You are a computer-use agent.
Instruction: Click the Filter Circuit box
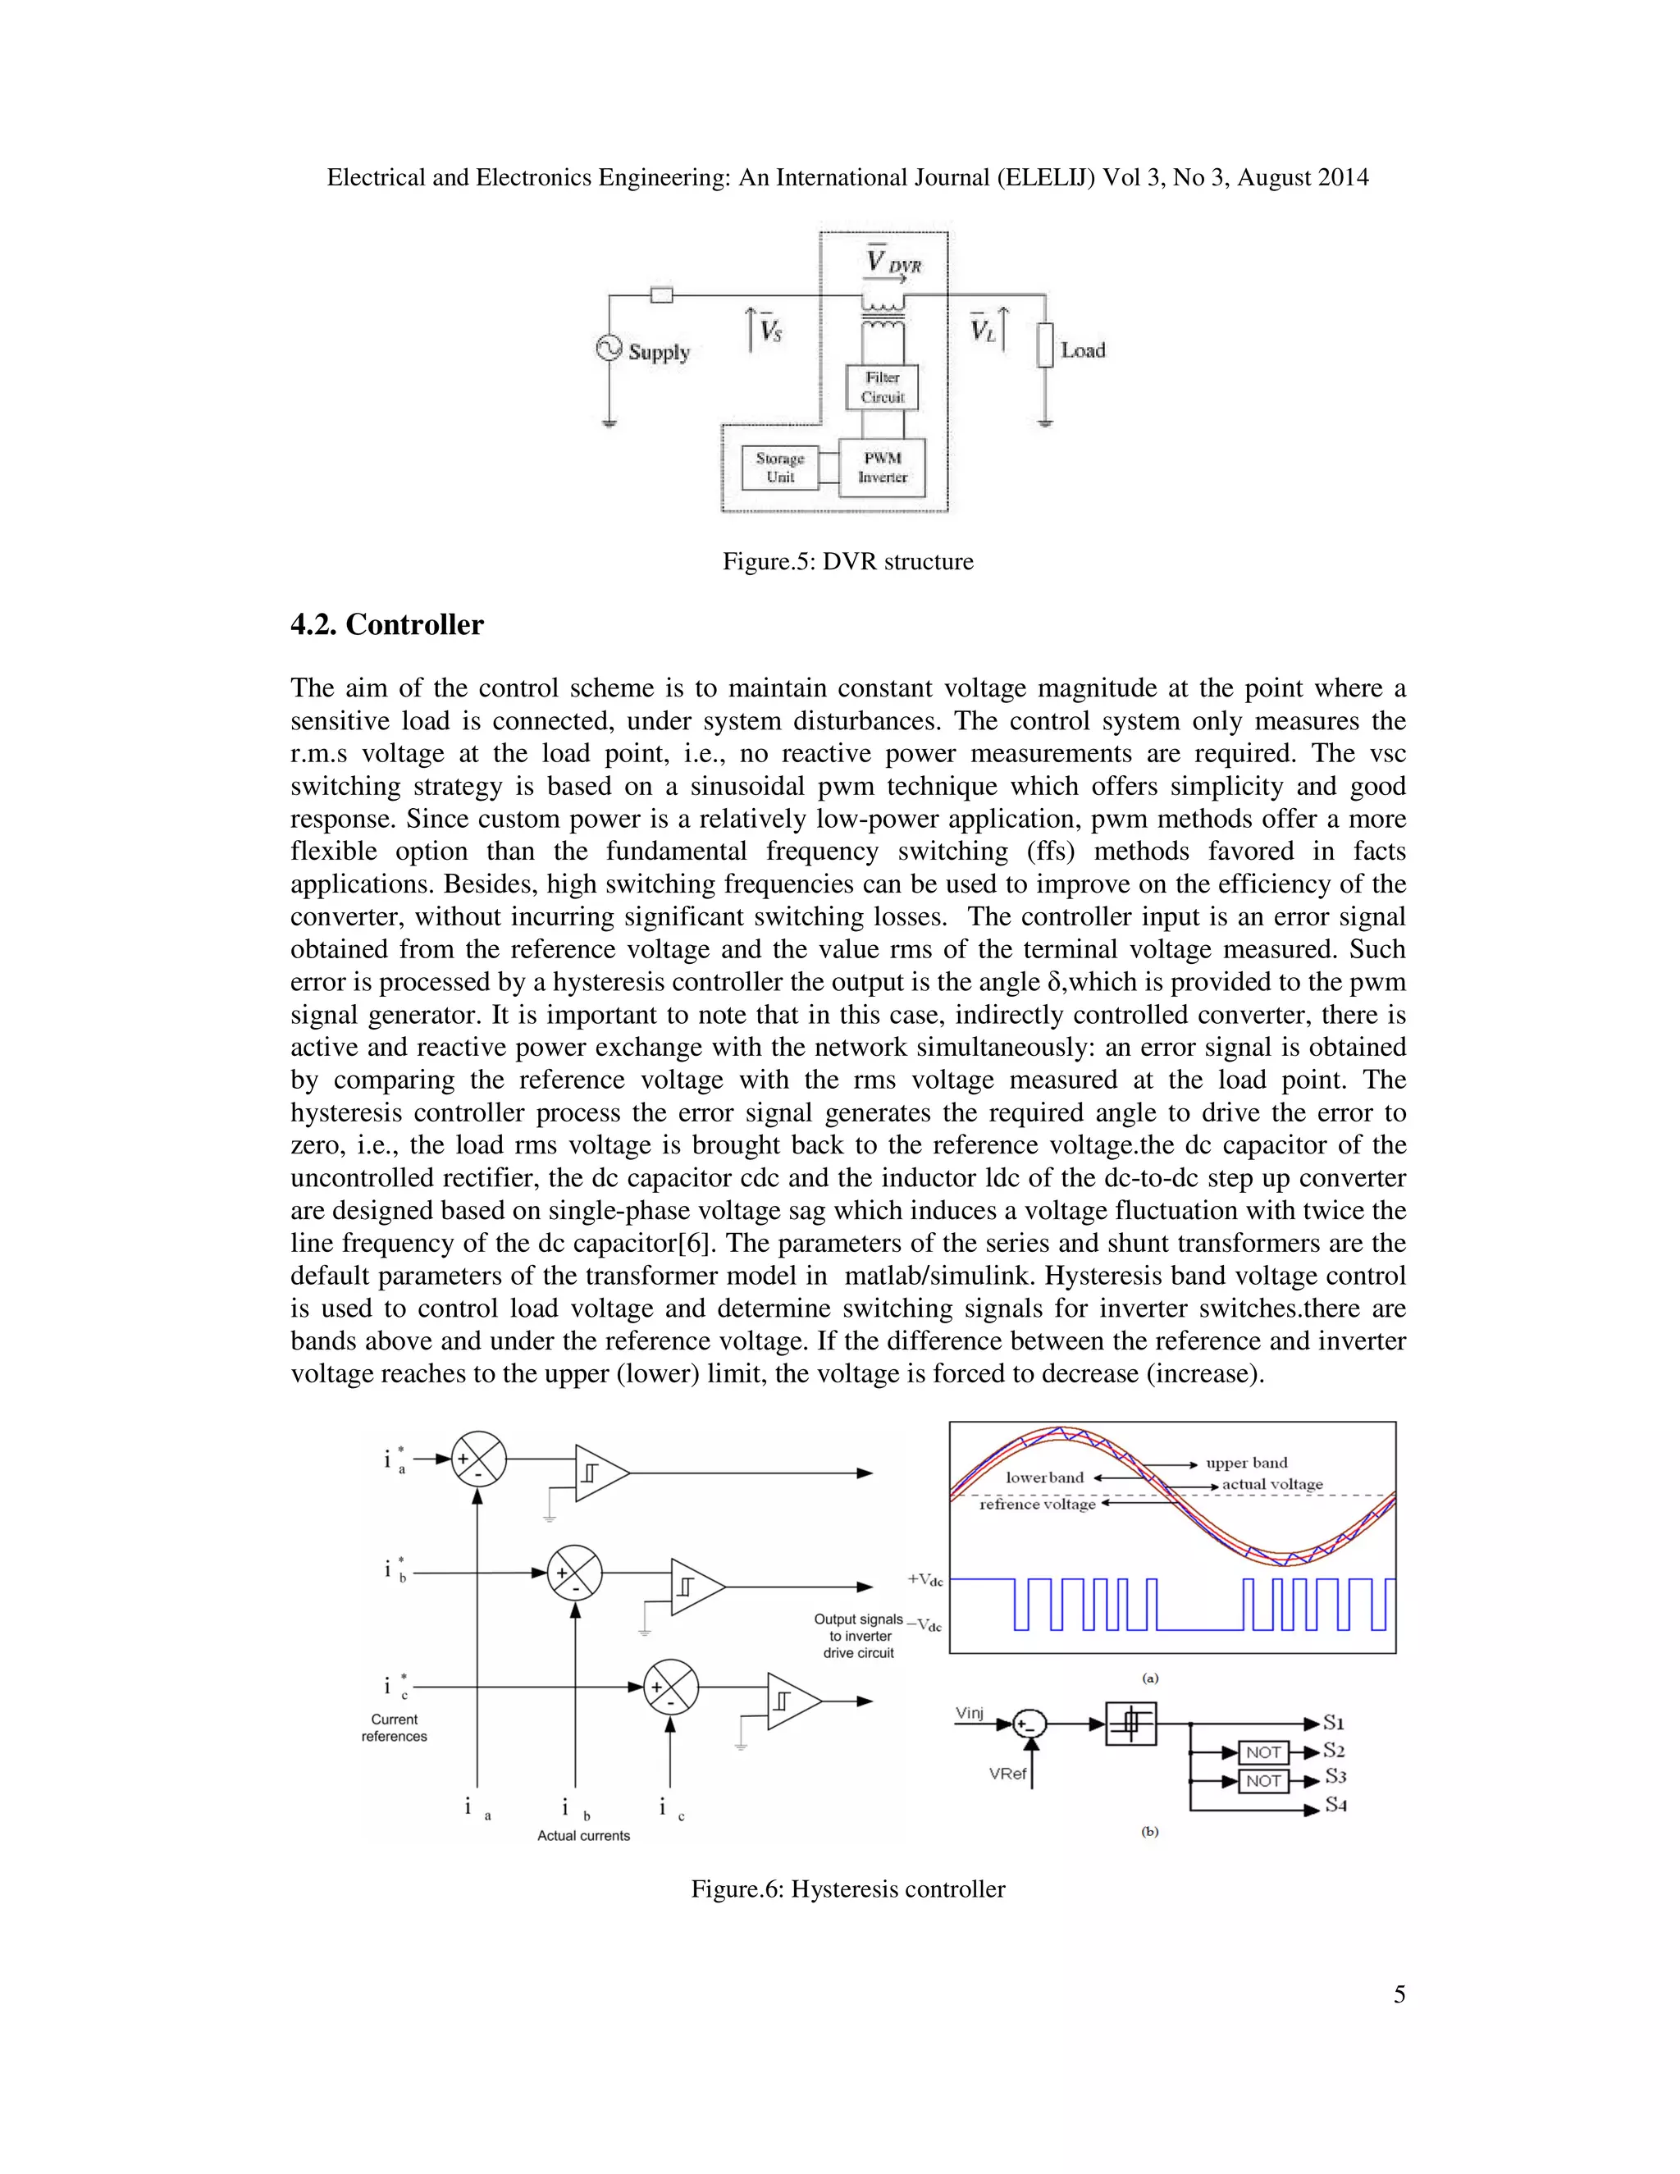pyautogui.click(x=882, y=387)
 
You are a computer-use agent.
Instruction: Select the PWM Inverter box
pyautogui.click(x=882, y=468)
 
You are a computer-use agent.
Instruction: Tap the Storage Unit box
pyautogui.click(x=780, y=468)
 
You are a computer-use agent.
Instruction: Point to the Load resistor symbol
pyautogui.click(x=1044, y=345)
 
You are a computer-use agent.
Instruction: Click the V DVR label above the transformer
pyautogui.click(x=892, y=262)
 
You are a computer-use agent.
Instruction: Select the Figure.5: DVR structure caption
pyautogui.click(x=847, y=561)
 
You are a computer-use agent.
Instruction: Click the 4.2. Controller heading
pyautogui.click(x=386, y=625)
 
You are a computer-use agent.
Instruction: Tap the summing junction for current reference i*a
pyautogui.click(x=479, y=1459)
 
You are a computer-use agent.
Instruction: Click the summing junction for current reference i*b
pyautogui.click(x=574, y=1573)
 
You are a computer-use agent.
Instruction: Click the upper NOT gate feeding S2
pyautogui.click(x=1263, y=1752)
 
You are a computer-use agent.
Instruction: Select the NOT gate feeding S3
pyautogui.click(x=1263, y=1781)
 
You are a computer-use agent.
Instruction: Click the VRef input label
pyautogui.click(x=1007, y=1774)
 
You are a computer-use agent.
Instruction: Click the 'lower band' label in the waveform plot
pyautogui.click(x=1044, y=1478)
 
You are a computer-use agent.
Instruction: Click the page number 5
pyautogui.click(x=1399, y=1994)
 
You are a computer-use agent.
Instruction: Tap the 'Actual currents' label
pyautogui.click(x=583, y=1835)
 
